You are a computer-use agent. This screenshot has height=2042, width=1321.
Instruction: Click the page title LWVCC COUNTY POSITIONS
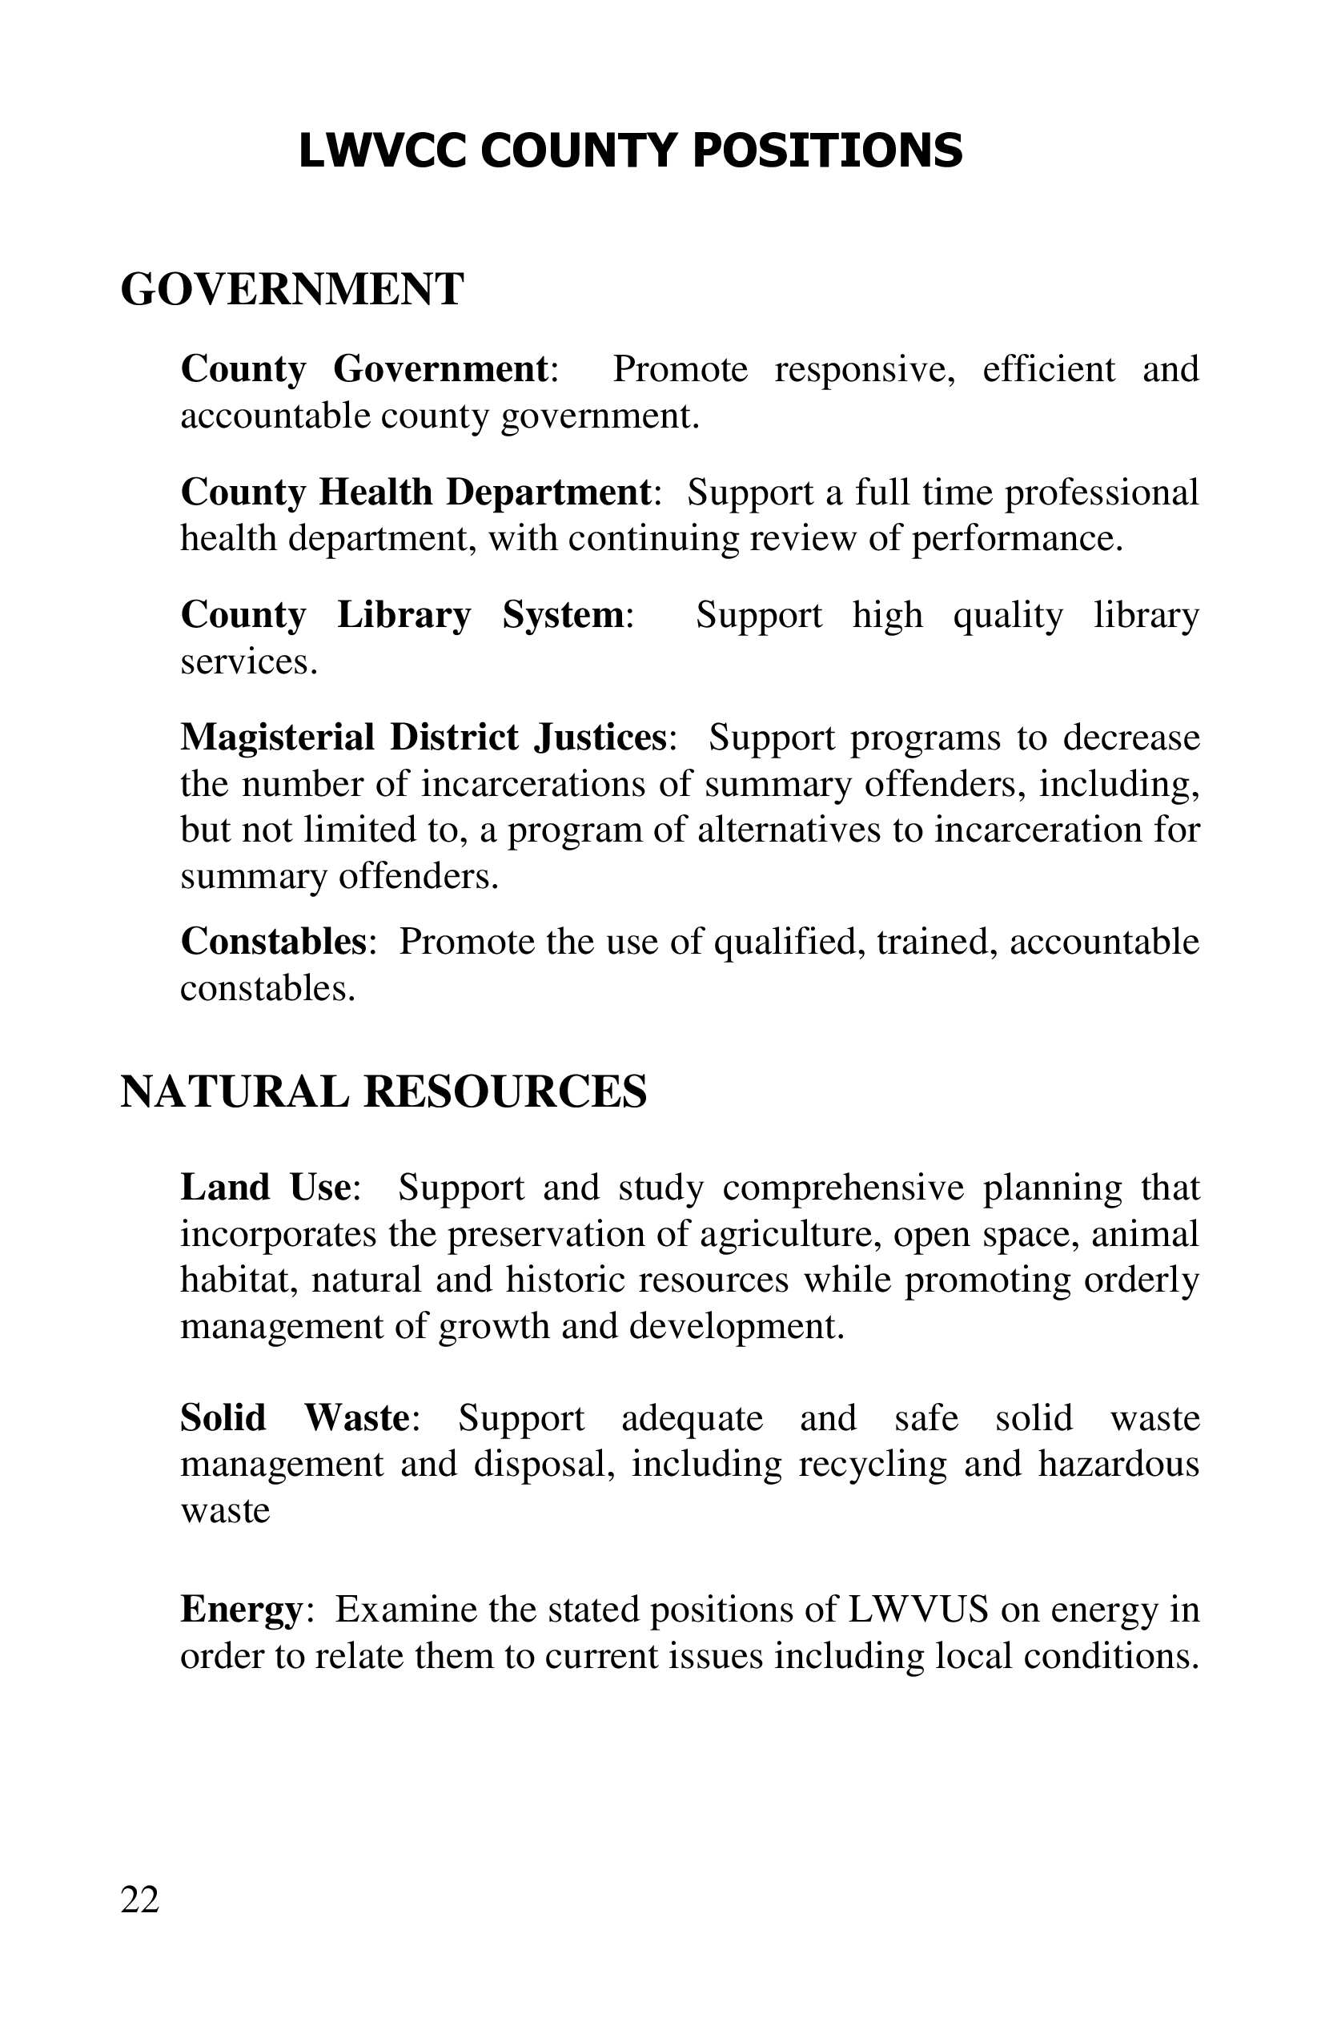pos(631,151)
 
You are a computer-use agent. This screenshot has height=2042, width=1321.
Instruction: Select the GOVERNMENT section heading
pos(291,289)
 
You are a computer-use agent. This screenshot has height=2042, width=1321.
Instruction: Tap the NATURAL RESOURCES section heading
pos(383,1092)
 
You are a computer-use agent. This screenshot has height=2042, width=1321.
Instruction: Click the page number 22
pos(140,1899)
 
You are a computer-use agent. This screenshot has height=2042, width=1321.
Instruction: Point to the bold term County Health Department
pos(416,492)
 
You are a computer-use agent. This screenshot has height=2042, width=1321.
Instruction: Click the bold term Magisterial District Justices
pos(424,738)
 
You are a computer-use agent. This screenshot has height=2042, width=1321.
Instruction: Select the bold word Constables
pos(274,941)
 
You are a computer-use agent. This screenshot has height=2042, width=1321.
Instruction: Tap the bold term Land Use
pos(265,1188)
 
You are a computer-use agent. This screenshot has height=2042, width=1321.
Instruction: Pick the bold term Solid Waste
pos(295,1417)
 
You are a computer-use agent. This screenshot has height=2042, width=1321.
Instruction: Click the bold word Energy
pos(240,1609)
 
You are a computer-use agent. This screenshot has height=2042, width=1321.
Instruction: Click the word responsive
pos(865,370)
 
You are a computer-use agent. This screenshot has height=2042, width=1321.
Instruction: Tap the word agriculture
pos(790,1234)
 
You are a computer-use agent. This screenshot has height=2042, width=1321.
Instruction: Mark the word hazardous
pos(1118,1464)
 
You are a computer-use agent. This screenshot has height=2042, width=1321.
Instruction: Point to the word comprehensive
pos(843,1188)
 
